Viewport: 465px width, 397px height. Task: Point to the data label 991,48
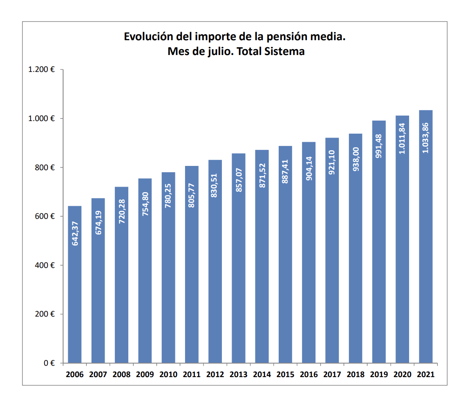pyautogui.click(x=379, y=146)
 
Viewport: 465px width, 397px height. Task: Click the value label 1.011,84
pyautogui.click(x=402, y=138)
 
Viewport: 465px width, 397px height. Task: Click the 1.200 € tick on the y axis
pyautogui.click(x=42, y=69)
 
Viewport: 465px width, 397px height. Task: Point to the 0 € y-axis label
pyautogui.click(x=50, y=363)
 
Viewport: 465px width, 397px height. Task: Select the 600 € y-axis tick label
pyautogui.click(x=45, y=216)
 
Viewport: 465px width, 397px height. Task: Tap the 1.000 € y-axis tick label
pyautogui.click(x=42, y=119)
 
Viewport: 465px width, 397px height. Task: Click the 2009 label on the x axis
pyautogui.click(x=145, y=375)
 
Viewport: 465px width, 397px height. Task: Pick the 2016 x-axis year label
pyautogui.click(x=309, y=375)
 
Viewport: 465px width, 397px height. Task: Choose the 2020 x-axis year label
pyautogui.click(x=402, y=375)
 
